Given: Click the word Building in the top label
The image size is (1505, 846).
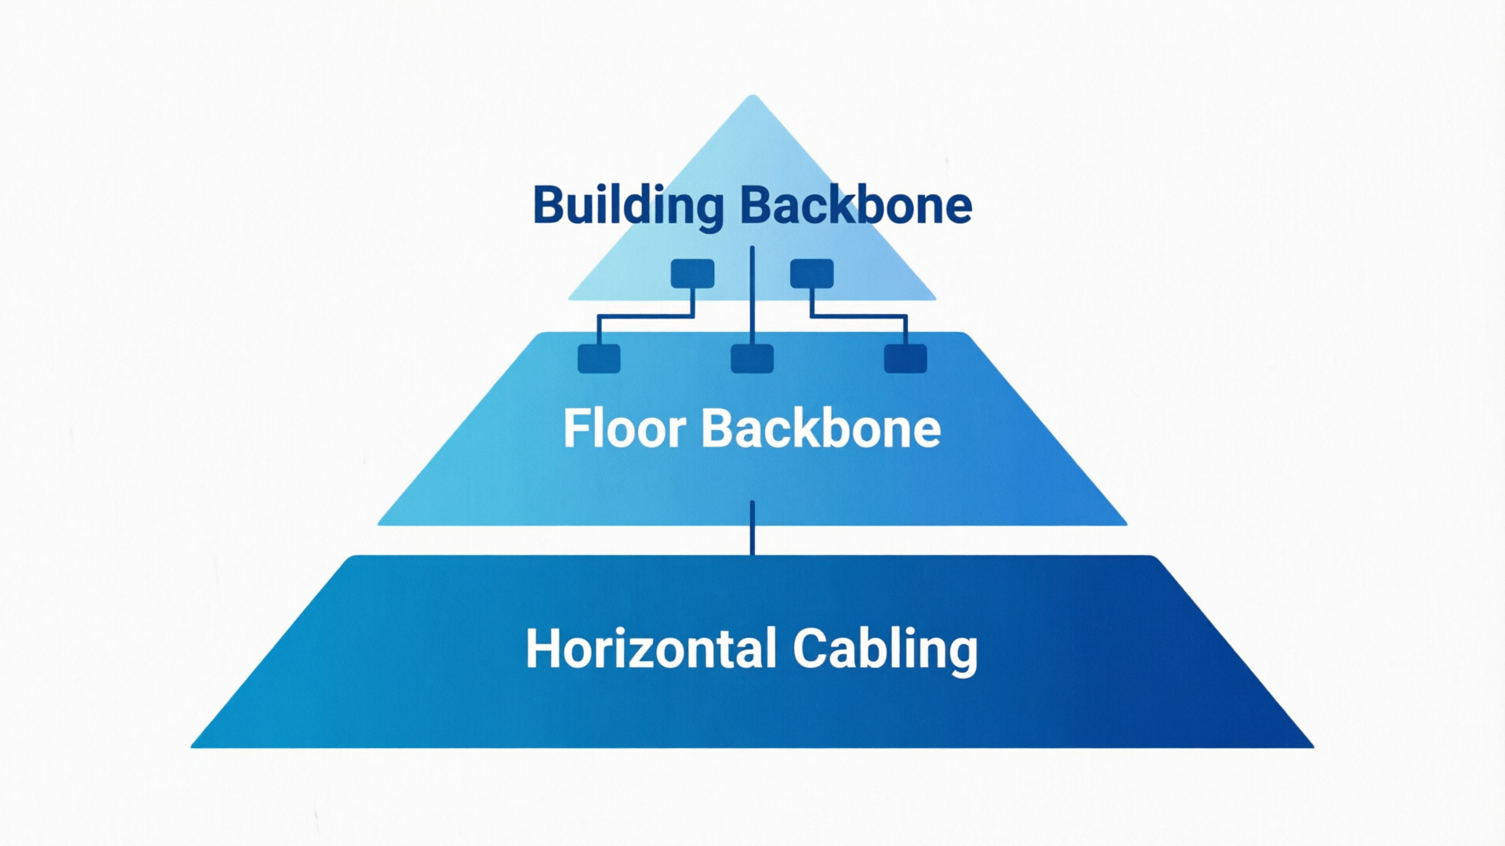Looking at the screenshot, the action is click(628, 207).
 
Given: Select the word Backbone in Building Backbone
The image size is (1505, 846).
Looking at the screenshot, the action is click(856, 205).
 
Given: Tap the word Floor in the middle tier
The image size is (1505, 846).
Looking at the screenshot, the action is click(625, 428).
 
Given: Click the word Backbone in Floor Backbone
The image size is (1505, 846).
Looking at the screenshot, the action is click(821, 428).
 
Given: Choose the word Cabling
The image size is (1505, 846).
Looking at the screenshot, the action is click(885, 650).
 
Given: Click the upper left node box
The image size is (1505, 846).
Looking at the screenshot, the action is click(693, 273).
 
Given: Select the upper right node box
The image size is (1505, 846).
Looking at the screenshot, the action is click(812, 273).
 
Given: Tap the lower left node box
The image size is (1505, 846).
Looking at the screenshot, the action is click(599, 359).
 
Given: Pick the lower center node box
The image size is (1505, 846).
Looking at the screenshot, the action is click(752, 359).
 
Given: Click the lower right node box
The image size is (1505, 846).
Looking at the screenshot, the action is click(905, 359).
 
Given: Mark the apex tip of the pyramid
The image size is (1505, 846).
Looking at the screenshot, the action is click(752, 96).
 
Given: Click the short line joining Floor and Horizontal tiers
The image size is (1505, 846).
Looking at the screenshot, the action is click(752, 528).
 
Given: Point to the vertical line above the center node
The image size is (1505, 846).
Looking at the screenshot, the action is click(752, 295).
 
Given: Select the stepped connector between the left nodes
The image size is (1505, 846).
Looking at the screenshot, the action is click(646, 316).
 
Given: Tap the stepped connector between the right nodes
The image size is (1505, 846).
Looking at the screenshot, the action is click(859, 316).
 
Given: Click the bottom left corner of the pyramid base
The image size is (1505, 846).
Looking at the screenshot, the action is click(192, 747).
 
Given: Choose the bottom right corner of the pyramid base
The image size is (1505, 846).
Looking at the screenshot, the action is click(1313, 747).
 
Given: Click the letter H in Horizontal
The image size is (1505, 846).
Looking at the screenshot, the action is click(542, 649).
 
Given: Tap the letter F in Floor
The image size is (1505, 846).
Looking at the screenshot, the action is click(577, 428).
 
